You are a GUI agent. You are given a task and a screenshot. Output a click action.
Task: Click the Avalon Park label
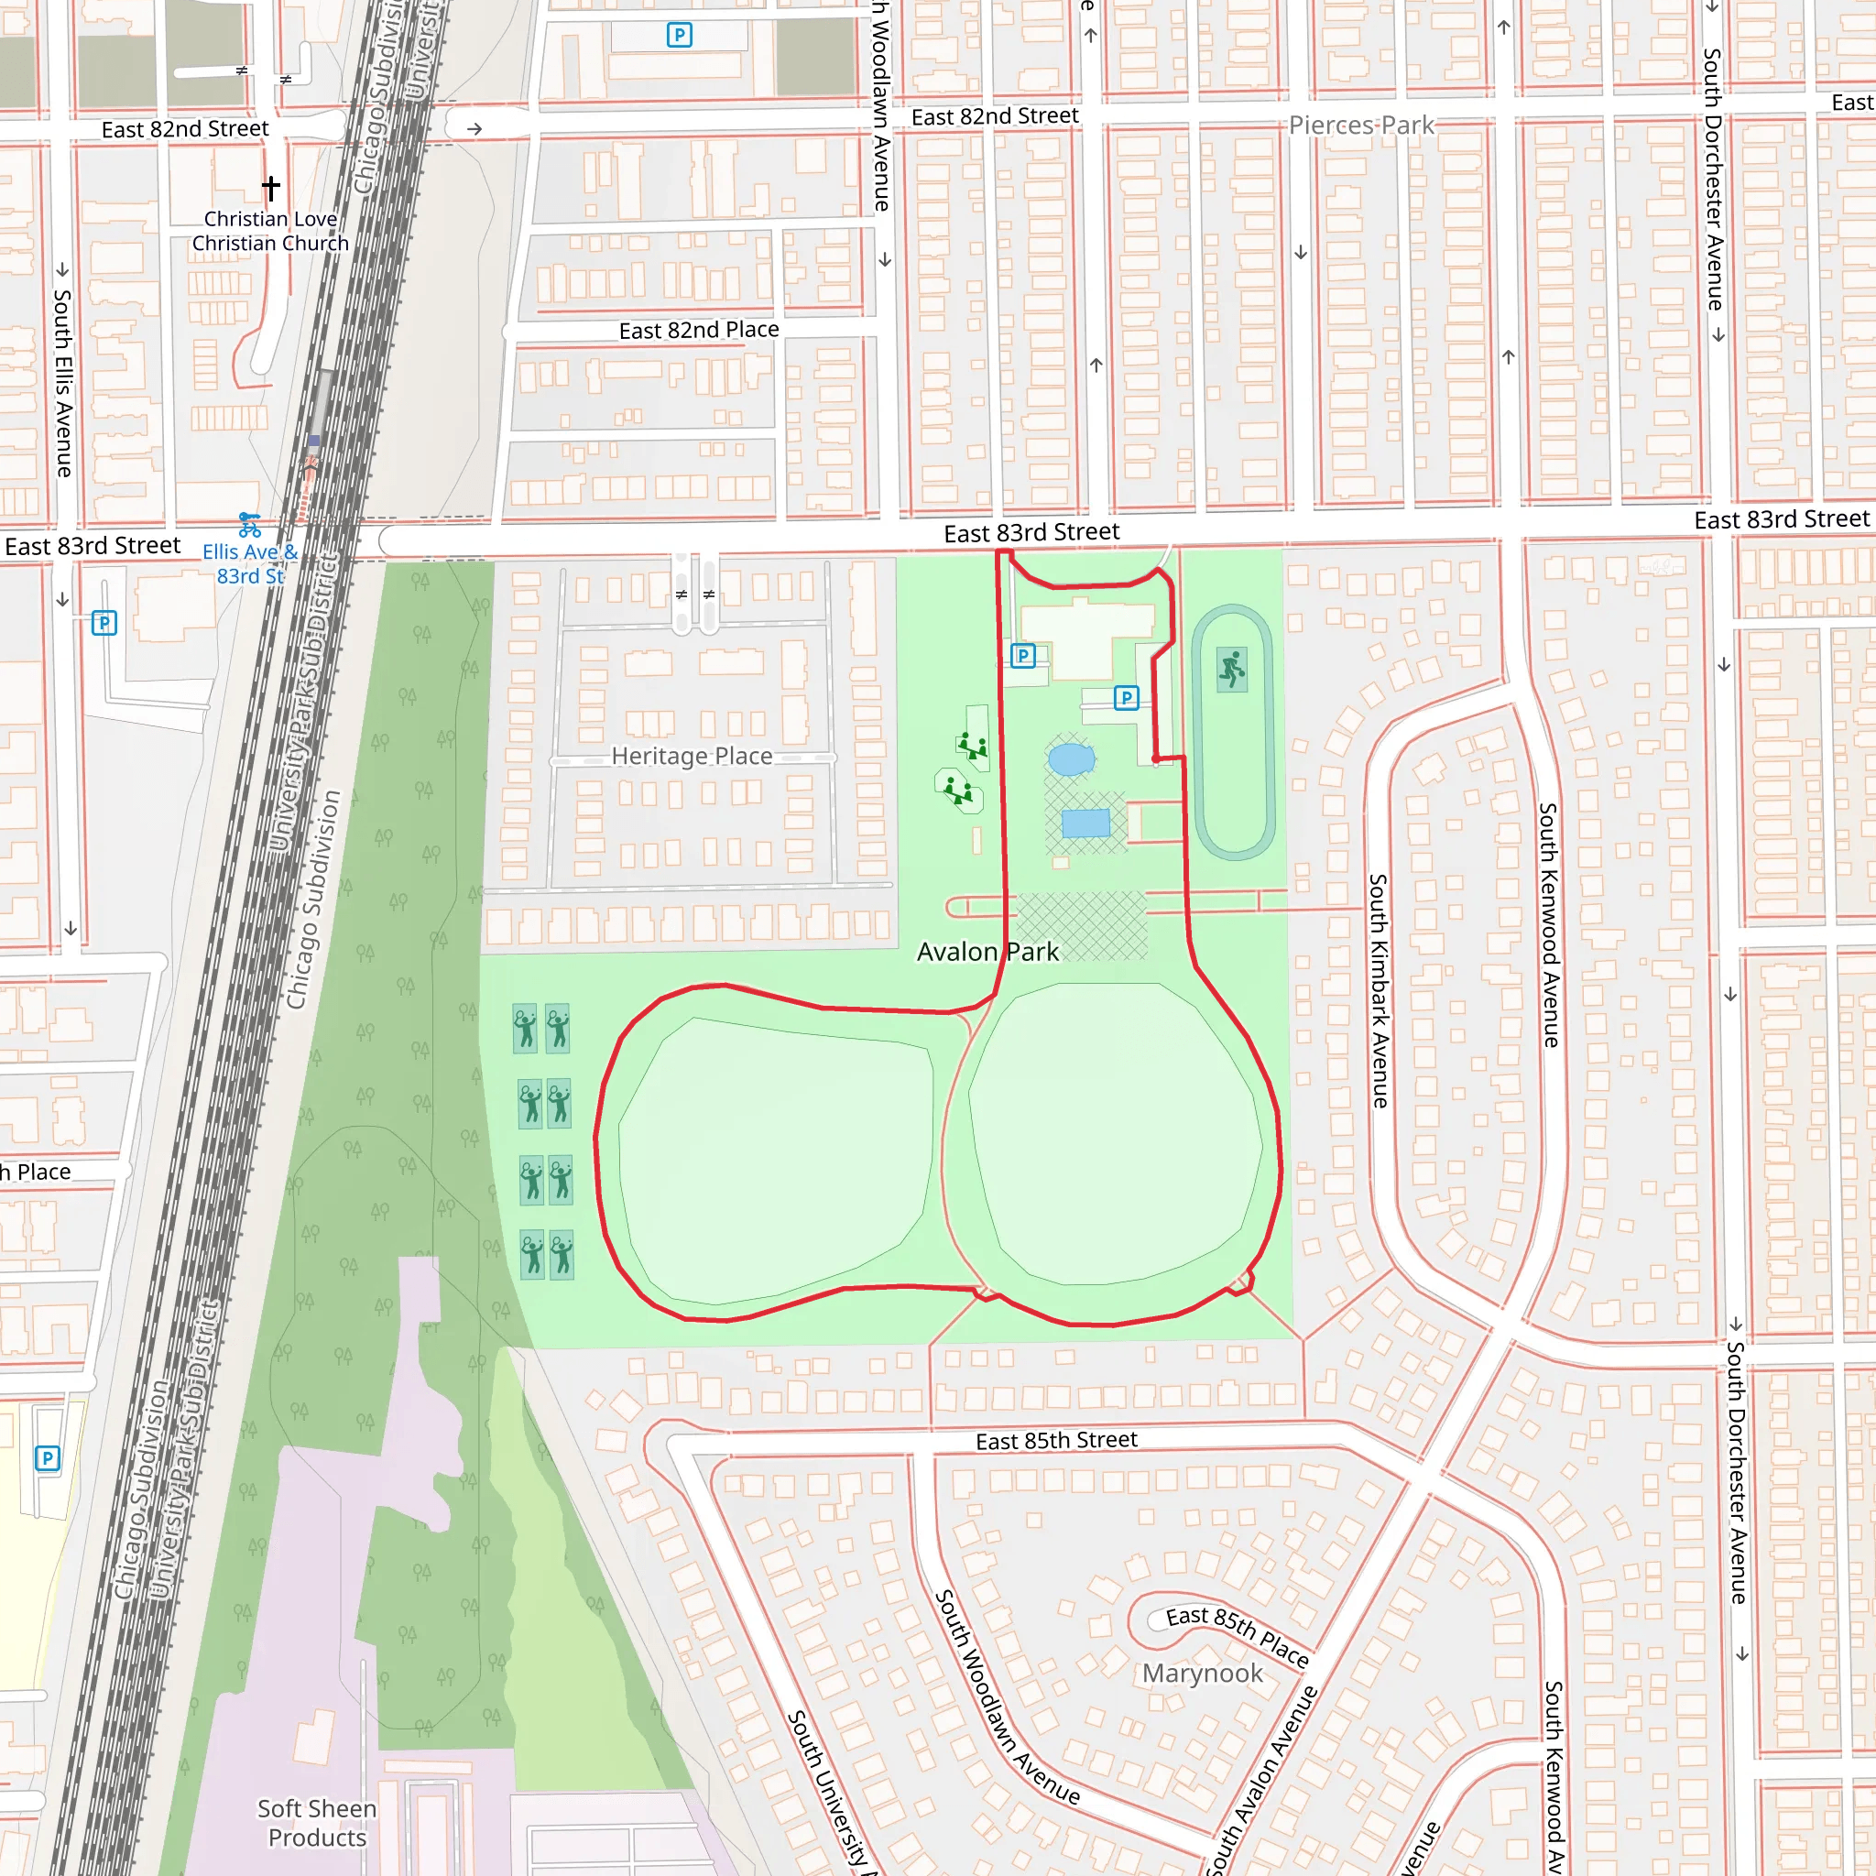coord(987,952)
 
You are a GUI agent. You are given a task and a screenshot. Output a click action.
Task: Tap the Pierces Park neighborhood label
coord(1360,125)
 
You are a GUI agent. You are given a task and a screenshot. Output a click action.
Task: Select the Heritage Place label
coord(692,757)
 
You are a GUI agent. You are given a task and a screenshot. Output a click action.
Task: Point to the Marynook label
coord(1202,1673)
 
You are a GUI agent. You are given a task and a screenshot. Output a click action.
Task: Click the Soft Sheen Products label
coord(317,1823)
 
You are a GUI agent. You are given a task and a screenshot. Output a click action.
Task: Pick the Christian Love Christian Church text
coord(270,231)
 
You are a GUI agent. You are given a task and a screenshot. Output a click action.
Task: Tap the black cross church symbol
coord(271,187)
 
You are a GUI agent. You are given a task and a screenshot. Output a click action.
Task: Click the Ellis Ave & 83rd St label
coord(249,563)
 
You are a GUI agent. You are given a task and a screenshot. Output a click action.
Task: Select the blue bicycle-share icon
coord(249,525)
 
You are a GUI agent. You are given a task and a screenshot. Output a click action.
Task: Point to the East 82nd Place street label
coord(698,330)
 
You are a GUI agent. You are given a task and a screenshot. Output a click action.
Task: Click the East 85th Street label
coord(1055,1441)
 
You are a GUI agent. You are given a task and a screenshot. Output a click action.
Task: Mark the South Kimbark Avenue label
coord(1378,990)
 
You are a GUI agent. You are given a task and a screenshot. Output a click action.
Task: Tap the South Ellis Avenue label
coord(63,383)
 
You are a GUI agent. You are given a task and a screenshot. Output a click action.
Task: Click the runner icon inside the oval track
coord(1231,669)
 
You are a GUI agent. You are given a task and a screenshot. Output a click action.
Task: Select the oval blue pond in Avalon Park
coord(1071,758)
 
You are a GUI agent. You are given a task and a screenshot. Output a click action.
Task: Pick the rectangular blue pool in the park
coord(1085,823)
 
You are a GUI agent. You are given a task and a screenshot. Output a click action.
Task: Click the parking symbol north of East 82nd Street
coord(679,36)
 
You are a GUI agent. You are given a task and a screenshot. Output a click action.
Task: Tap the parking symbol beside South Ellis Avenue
coord(104,622)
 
